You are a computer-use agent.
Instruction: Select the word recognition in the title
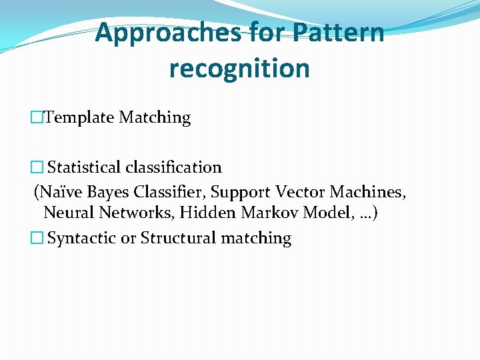(239, 68)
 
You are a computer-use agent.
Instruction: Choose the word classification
(180, 167)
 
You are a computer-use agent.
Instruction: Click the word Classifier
(169, 192)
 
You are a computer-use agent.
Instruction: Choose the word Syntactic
(82, 239)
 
